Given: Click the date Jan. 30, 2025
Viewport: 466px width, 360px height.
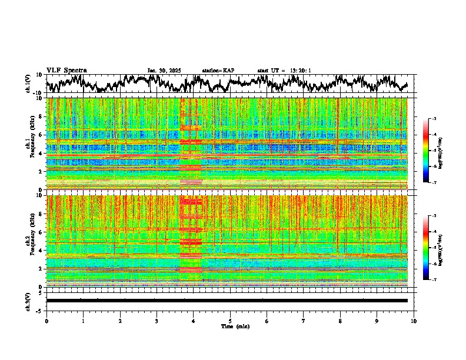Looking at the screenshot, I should click(164, 71).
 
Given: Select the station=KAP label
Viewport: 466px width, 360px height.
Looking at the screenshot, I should click(218, 71).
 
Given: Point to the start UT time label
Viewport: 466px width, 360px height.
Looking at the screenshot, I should click(284, 71).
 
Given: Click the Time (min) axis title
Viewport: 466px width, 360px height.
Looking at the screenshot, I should click(230, 326).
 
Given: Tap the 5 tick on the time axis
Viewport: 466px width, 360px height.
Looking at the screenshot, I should click(230, 321).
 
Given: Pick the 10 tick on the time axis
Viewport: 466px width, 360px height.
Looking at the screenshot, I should click(414, 321).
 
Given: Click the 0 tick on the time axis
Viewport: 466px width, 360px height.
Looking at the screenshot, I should click(46, 321).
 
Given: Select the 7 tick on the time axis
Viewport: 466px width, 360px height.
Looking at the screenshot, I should click(304, 321).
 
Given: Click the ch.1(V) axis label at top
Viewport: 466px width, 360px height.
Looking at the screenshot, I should click(28, 84).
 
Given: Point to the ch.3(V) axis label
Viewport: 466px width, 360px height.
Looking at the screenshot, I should click(28, 300).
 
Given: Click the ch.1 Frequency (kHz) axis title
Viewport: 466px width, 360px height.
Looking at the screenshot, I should click(31, 144).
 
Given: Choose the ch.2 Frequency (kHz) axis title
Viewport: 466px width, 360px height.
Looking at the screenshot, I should click(31, 241).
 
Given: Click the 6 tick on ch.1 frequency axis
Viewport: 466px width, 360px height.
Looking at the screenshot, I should click(41, 135).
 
